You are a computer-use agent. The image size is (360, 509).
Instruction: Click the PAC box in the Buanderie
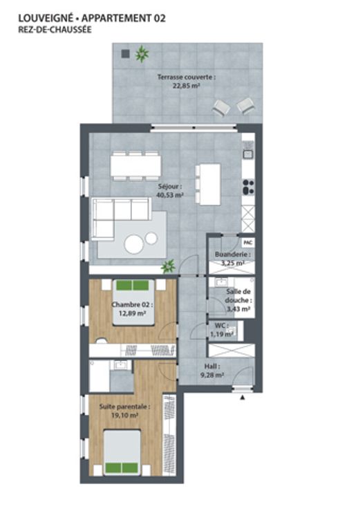coord(248,242)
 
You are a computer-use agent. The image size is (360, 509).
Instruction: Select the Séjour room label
coord(170,187)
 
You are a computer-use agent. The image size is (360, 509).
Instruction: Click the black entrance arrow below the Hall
coord(243,397)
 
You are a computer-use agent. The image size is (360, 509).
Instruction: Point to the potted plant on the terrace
coord(142,54)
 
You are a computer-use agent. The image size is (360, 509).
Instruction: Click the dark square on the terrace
coord(125,53)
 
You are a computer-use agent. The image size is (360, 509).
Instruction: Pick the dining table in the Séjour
coord(136,165)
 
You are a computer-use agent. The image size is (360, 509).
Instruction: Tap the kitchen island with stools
coord(208,185)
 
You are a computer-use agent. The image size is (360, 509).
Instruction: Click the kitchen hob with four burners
coord(249,187)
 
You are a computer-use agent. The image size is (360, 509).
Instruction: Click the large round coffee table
coord(134,244)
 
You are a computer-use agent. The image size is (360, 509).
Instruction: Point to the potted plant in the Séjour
coord(169,266)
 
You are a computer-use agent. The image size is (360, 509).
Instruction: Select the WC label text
coord(222,326)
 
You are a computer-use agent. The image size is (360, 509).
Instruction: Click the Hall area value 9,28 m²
coord(212,376)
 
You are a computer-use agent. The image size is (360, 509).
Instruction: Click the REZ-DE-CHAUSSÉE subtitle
coord(55,30)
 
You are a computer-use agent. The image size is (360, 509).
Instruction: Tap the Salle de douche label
coord(238,296)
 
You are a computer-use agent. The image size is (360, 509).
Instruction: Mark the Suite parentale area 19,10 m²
coord(125,415)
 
